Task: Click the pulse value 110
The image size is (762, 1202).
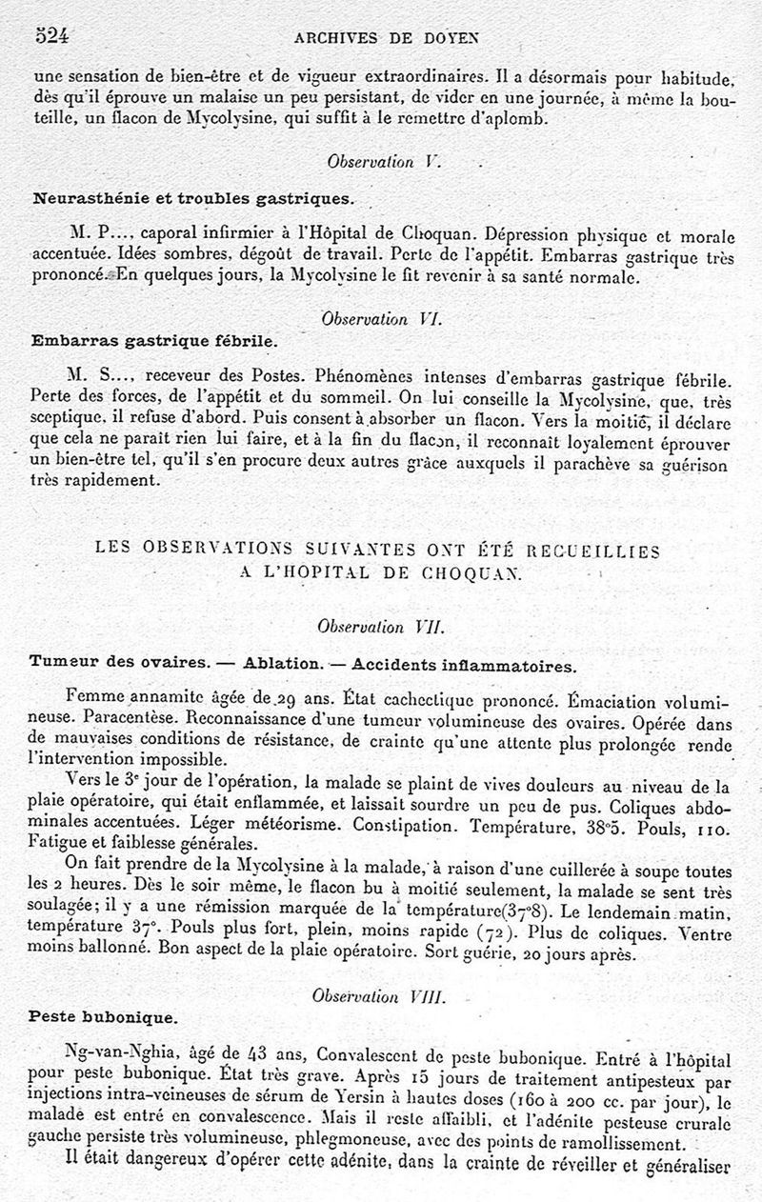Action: (712, 825)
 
